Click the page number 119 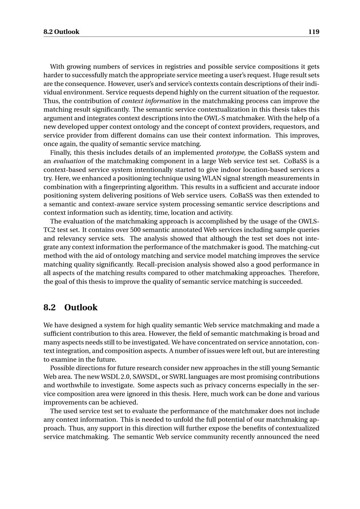(x=314, y=32)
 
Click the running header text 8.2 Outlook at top (x=61, y=32)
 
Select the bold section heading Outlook (x=81, y=307)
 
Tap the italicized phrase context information (x=151, y=101)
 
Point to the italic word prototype (x=230, y=152)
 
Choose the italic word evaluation (x=69, y=161)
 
